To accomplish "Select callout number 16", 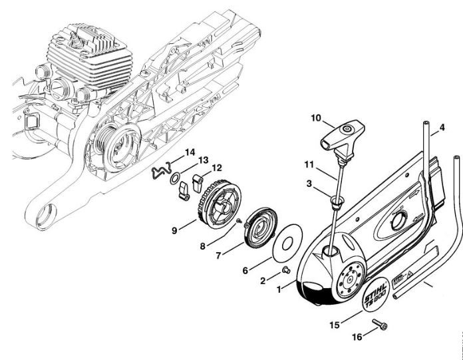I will (357, 337).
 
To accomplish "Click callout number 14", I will (190, 152).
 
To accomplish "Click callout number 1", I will (280, 288).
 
